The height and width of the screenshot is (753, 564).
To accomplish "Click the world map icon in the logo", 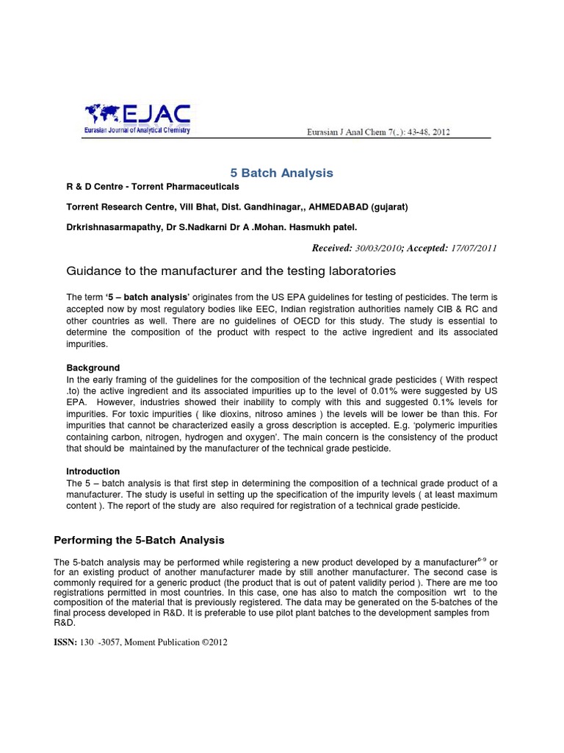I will (x=104, y=114).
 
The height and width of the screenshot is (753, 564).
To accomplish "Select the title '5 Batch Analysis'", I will (x=282, y=173).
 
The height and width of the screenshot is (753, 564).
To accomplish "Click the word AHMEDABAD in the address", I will (x=318, y=207).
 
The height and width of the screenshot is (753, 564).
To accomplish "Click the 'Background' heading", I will (x=93, y=368).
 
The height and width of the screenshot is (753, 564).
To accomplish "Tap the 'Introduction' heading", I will (x=93, y=471).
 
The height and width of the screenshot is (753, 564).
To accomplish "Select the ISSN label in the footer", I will (x=66, y=642).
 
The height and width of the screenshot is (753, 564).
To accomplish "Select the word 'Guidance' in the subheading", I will (x=91, y=271).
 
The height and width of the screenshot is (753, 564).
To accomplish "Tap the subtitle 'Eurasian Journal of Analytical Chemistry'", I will (x=137, y=130).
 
